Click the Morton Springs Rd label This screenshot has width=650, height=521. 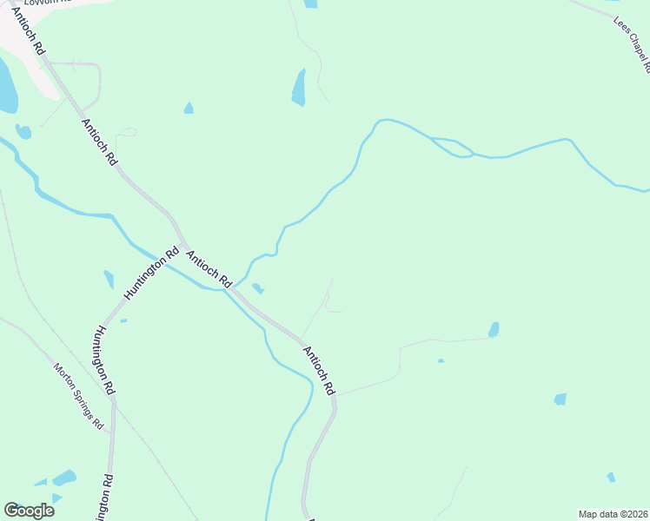pos(79,396)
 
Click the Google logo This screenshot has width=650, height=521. pos(29,510)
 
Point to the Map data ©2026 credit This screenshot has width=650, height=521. pos(613,514)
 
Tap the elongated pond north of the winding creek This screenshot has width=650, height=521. pos(299,88)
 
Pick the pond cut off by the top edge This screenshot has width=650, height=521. pos(310,3)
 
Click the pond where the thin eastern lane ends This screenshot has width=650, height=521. pos(494,330)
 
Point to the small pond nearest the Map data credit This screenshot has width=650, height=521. pos(611,477)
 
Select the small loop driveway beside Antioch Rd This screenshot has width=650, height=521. pos(127,133)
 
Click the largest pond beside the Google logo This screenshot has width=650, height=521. pos(63,478)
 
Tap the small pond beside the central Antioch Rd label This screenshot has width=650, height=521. pos(257,287)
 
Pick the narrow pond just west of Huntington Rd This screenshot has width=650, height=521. pos(109,280)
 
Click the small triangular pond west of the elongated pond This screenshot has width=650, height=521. pos(189,109)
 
